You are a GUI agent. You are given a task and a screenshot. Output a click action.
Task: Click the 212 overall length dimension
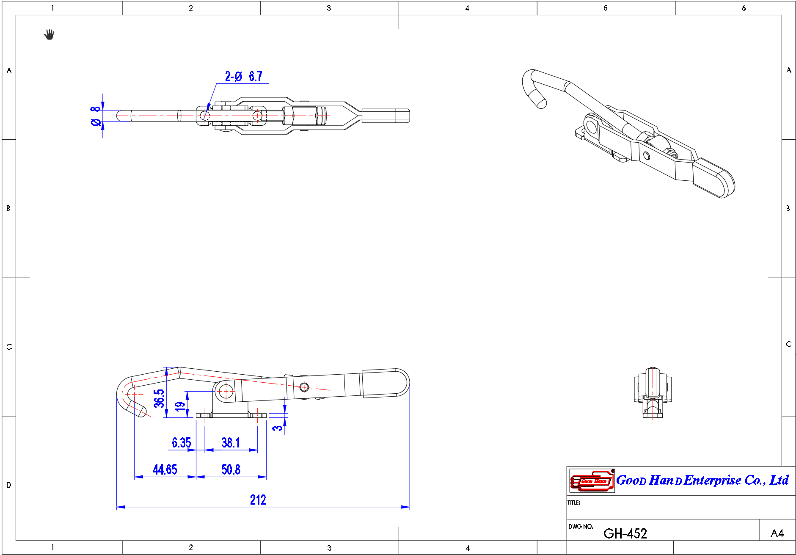coord(258,500)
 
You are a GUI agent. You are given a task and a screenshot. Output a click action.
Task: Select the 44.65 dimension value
coord(165,469)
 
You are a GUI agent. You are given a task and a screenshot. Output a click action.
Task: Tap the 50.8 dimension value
coord(231,469)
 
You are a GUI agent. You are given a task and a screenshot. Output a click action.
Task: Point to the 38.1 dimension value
coord(231,443)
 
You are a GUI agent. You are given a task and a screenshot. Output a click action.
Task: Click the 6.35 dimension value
coord(182,443)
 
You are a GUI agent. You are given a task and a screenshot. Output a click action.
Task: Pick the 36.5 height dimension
coord(159,398)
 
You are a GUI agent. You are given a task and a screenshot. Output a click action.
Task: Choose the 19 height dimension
coord(180,406)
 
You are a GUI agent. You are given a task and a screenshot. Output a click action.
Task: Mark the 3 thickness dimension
coord(277,428)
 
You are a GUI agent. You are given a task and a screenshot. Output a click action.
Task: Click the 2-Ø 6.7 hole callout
coord(244,76)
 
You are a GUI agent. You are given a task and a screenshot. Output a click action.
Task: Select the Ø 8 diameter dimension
coord(96,116)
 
